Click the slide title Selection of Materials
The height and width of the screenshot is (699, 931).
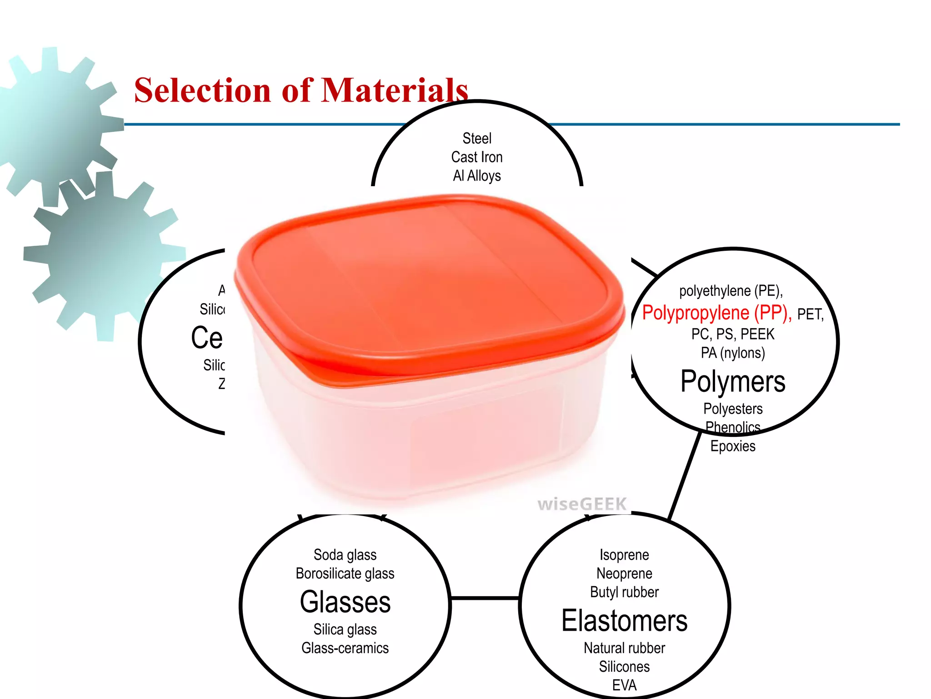tap(301, 90)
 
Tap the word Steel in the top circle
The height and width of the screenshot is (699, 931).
tap(477, 138)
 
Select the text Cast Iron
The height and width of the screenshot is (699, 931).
tap(477, 157)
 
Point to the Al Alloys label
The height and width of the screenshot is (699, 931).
tap(477, 176)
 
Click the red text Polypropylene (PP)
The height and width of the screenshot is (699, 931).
tap(716, 313)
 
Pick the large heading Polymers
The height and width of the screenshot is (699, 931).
tap(733, 381)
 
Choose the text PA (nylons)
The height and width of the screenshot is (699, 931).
tap(733, 353)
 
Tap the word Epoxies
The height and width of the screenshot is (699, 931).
tap(733, 446)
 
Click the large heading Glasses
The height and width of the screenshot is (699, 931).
tap(345, 602)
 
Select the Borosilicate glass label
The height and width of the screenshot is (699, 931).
tap(345, 573)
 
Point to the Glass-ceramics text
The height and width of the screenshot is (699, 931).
tap(345, 648)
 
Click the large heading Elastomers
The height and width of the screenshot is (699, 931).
tap(624, 621)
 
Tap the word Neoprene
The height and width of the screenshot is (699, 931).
tap(624, 573)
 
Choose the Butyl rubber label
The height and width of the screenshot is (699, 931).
tap(624, 592)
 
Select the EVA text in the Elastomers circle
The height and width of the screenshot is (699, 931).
tap(624, 685)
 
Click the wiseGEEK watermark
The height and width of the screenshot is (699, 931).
tap(582, 504)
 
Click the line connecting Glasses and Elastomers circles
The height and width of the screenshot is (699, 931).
tap(485, 598)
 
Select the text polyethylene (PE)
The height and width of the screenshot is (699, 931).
tap(731, 291)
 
